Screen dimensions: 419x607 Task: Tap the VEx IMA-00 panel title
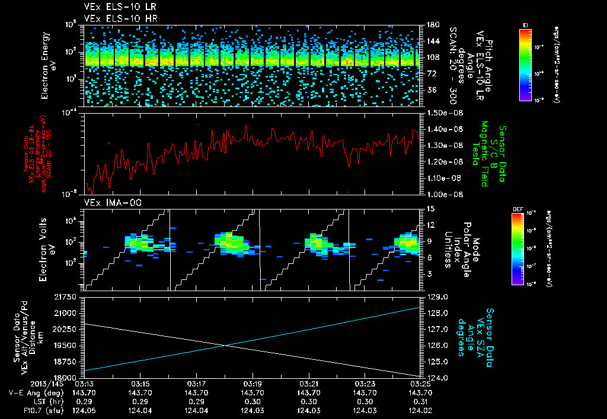(x=107, y=202)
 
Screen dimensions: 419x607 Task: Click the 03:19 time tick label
(x=253, y=383)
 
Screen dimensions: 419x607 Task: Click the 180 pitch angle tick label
(x=432, y=25)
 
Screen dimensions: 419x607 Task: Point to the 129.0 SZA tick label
(x=437, y=296)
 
